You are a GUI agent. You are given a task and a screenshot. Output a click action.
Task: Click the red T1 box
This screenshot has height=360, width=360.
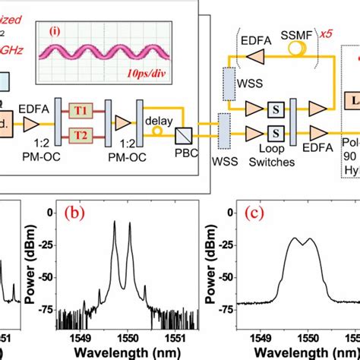pos(80,110)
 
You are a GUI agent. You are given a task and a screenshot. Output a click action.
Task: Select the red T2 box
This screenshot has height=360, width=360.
pos(80,135)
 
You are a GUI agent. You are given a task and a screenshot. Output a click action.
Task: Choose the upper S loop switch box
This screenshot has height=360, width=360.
pos(277,108)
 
